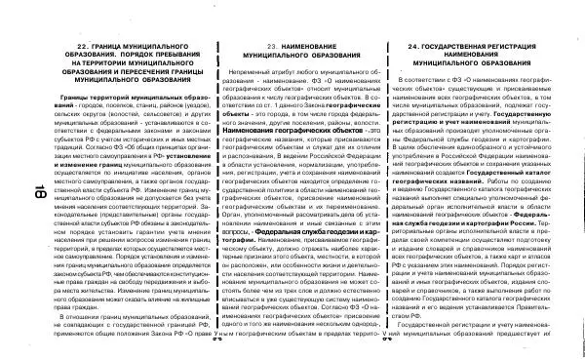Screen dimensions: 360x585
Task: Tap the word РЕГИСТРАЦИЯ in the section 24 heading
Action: point(531,46)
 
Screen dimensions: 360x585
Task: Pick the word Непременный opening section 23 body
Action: point(248,73)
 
